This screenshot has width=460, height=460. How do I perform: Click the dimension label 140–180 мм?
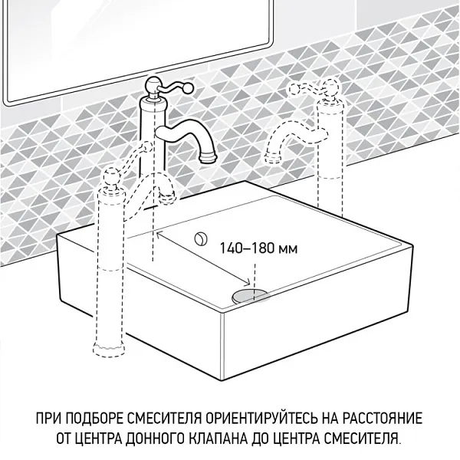click(248, 248)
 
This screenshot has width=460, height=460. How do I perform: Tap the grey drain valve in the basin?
click(250, 294)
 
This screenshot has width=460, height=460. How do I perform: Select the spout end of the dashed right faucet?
click(270, 157)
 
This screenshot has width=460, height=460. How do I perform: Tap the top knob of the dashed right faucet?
click(333, 85)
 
